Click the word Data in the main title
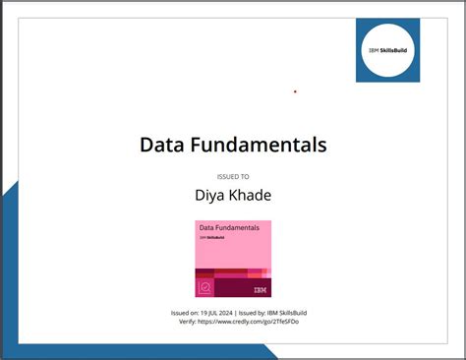(162, 146)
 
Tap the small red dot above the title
(295, 91)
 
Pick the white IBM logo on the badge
(260, 288)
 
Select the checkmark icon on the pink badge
(205, 288)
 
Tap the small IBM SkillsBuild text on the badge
(211, 237)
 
